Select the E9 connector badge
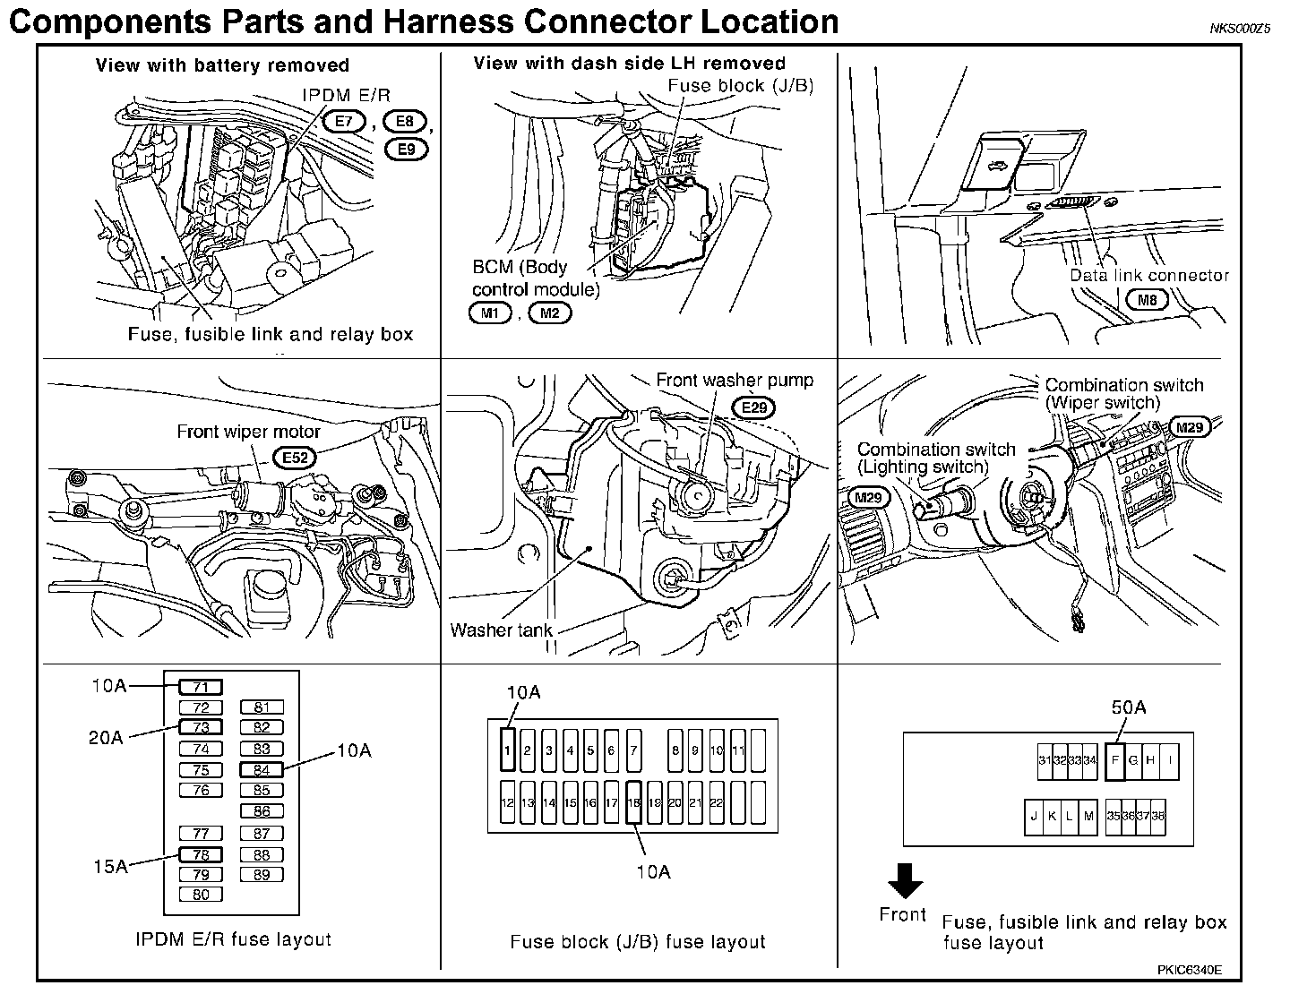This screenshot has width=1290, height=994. pyautogui.click(x=407, y=147)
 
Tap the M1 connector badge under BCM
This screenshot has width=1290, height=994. pyautogui.click(x=489, y=313)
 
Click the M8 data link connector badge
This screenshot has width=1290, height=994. pyautogui.click(x=1148, y=300)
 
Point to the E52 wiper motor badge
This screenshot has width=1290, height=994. pyautogui.click(x=295, y=458)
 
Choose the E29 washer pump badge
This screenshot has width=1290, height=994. pyautogui.click(x=755, y=407)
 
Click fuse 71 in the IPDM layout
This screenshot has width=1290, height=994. pyautogui.click(x=201, y=688)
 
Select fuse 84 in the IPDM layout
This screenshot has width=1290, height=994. pyautogui.click(x=262, y=769)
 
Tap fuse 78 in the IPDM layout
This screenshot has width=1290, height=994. pyautogui.click(x=201, y=854)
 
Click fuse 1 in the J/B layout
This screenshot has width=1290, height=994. pyautogui.click(x=507, y=750)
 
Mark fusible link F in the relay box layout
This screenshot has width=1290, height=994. pyautogui.click(x=1114, y=760)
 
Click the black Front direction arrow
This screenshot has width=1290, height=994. pyautogui.click(x=905, y=881)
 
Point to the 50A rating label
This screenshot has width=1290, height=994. pyautogui.click(x=1129, y=707)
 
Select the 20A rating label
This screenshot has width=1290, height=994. pyautogui.click(x=106, y=737)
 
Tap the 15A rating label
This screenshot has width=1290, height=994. pyautogui.click(x=109, y=866)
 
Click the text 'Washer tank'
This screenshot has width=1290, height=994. pyautogui.click(x=501, y=630)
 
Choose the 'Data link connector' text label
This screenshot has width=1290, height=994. pyautogui.click(x=1149, y=275)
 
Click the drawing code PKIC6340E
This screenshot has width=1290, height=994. pyautogui.click(x=1189, y=970)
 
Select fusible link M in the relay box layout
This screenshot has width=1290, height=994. pyautogui.click(x=1088, y=816)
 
